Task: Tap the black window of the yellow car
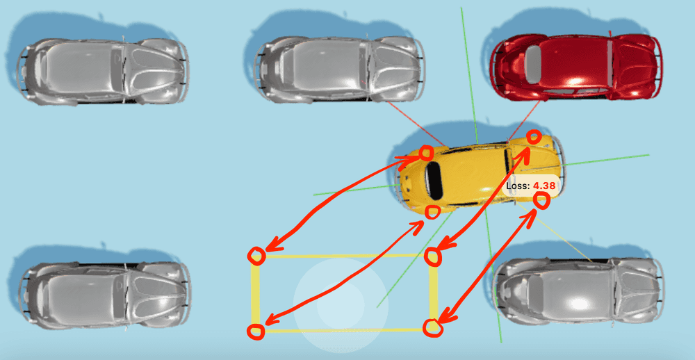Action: tap(434, 177)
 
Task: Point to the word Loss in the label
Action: tap(517, 186)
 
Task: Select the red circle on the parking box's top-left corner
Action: tap(257, 256)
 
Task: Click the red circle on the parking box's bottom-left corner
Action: tap(256, 332)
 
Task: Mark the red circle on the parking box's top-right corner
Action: tap(434, 256)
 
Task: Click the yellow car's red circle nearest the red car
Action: tap(534, 137)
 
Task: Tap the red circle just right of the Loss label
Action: tap(542, 202)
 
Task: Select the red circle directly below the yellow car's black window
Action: tap(432, 211)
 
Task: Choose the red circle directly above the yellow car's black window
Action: tap(426, 152)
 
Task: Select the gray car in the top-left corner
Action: tap(103, 71)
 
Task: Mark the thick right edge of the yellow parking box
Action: tap(434, 292)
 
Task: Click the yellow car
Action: tap(480, 174)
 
